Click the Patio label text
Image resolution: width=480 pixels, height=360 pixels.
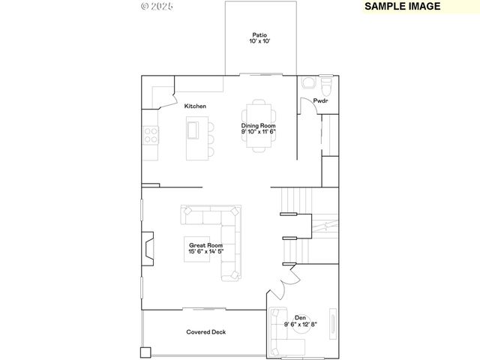point(259,34)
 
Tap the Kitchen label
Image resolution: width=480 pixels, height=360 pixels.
point(195,106)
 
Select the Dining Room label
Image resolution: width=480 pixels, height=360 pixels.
point(259,126)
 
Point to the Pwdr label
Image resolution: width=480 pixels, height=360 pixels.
point(320,101)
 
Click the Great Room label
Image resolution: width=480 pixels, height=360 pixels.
point(205,245)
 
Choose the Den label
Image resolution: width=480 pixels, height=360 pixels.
point(300,317)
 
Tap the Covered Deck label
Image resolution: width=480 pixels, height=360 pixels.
point(205,331)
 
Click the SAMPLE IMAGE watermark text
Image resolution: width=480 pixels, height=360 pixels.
point(402,6)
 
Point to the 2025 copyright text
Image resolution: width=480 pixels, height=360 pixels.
point(157,6)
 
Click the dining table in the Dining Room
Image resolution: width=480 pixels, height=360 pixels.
point(259,126)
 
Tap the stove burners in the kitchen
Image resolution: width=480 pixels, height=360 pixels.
point(151,135)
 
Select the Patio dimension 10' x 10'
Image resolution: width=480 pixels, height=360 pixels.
point(259,42)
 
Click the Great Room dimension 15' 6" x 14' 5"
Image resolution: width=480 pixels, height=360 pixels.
point(205,252)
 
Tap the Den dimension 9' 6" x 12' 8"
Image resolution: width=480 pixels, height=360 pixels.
point(300,324)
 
